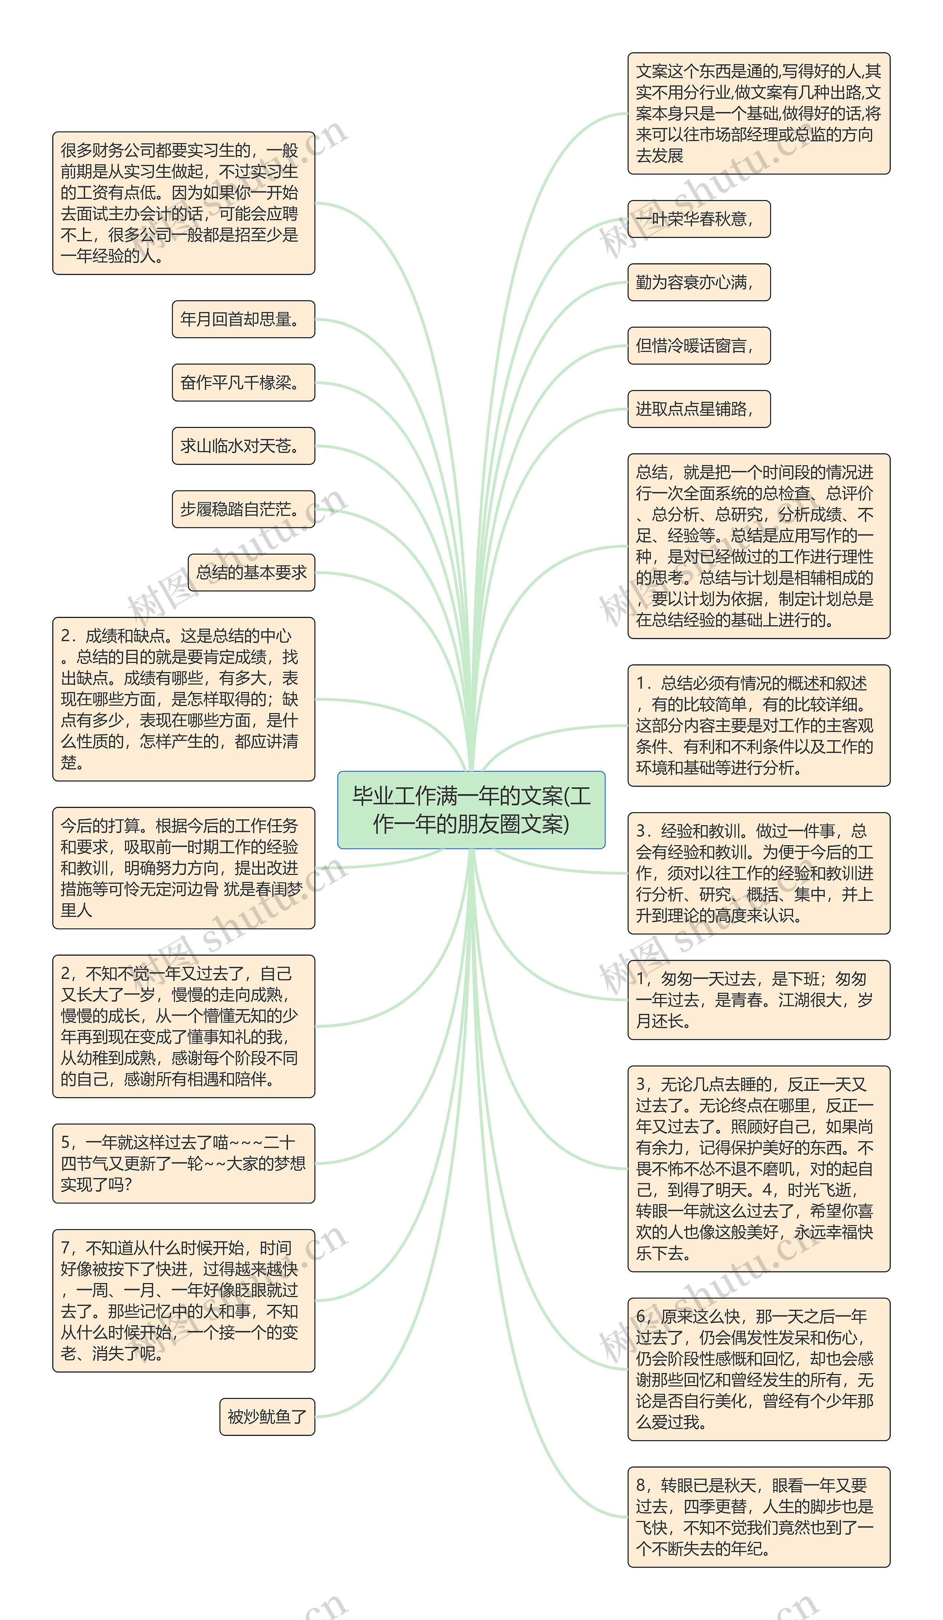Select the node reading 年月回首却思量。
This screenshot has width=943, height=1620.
click(x=243, y=319)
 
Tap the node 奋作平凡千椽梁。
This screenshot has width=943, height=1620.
click(x=243, y=383)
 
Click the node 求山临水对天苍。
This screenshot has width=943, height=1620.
click(x=243, y=446)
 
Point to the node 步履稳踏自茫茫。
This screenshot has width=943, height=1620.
click(x=243, y=509)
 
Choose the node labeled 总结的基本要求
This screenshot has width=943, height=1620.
click(x=251, y=572)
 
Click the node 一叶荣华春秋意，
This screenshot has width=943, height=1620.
click(x=699, y=219)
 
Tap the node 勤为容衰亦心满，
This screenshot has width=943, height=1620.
click(x=699, y=282)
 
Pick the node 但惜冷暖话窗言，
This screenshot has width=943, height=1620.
click(x=699, y=345)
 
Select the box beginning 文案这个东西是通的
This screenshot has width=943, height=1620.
click(x=758, y=113)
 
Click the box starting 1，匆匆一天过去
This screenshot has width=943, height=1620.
click(x=758, y=999)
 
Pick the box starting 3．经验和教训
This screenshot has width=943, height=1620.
click(x=758, y=873)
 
